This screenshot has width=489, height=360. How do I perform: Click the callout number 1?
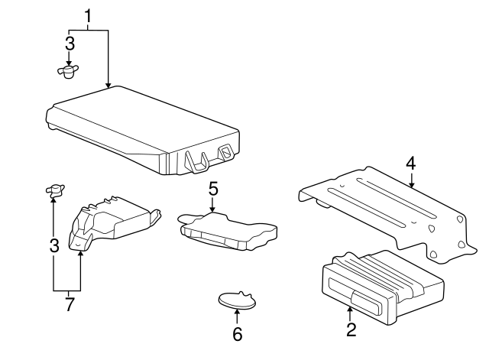[x=89, y=16]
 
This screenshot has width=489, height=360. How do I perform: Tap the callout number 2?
[x=351, y=329]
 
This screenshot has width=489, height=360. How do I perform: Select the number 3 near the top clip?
[x=70, y=44]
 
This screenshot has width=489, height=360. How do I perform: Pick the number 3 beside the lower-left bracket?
[x=54, y=246]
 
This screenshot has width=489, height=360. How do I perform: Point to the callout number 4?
[x=411, y=164]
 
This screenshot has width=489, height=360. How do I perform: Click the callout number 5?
[x=213, y=189]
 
